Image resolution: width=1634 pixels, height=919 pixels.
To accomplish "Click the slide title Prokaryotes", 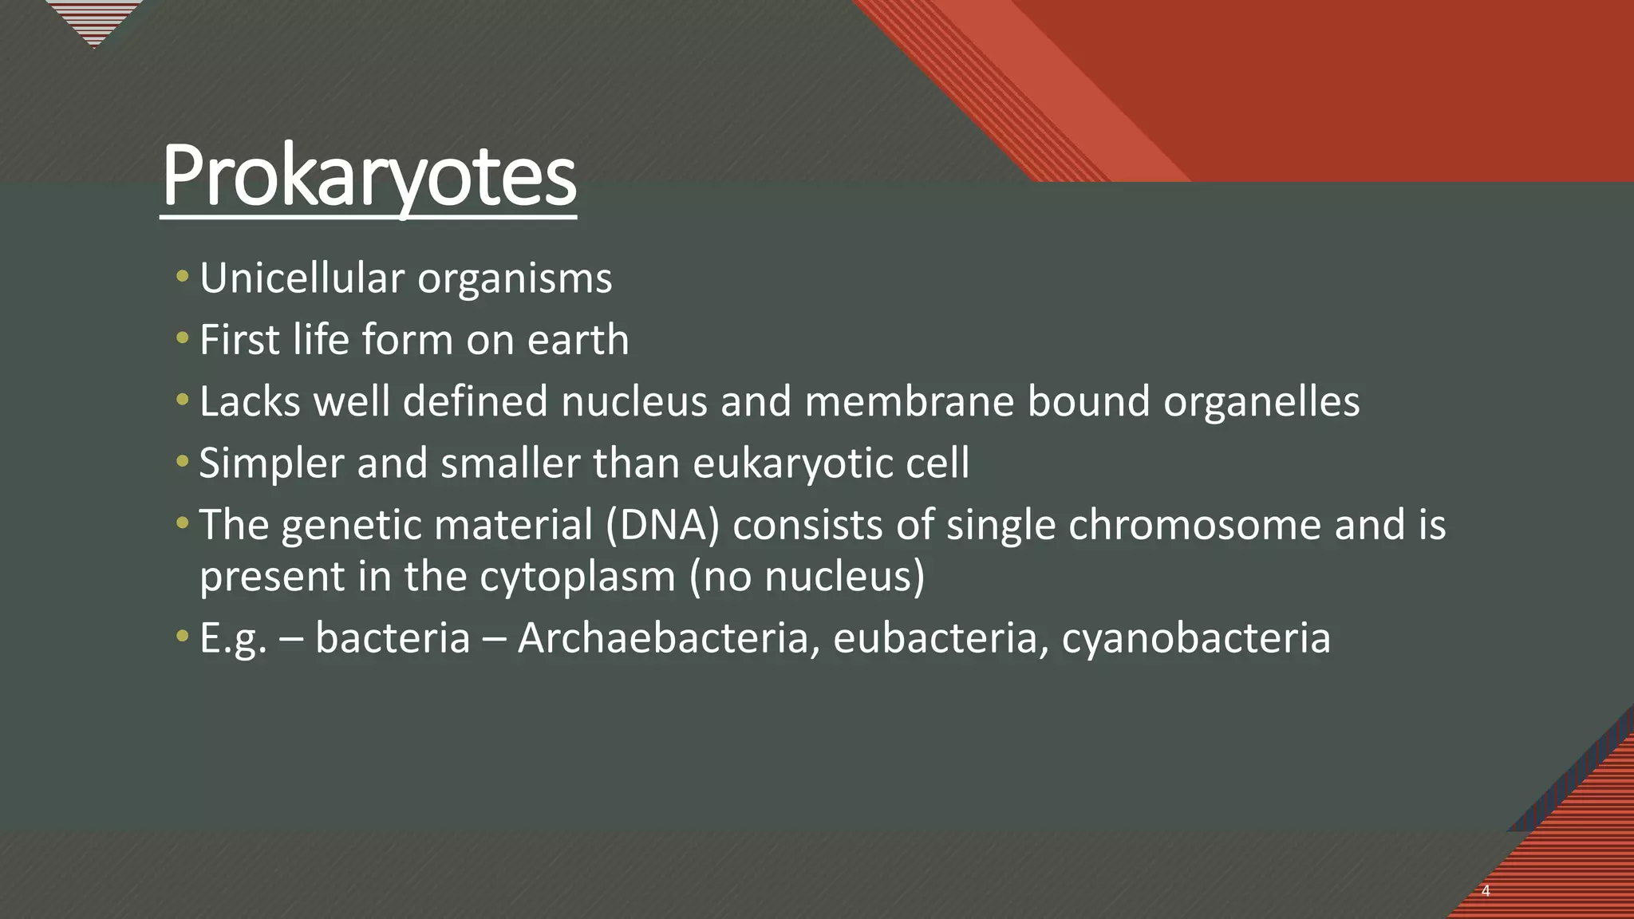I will pyautogui.click(x=369, y=176).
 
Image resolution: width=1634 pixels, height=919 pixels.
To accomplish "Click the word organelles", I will pyautogui.click(x=1261, y=401).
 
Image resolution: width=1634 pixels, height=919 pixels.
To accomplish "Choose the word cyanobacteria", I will pyautogui.click(x=1196, y=638).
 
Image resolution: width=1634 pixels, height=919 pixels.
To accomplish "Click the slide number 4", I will pyautogui.click(x=1486, y=891).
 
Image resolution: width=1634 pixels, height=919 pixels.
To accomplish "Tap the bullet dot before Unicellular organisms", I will pyautogui.click(x=183, y=278).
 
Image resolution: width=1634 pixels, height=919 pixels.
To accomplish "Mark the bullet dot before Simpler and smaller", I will pyautogui.click(x=183, y=462).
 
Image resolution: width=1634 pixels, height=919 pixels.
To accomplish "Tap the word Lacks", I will pyautogui.click(x=250, y=401).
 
